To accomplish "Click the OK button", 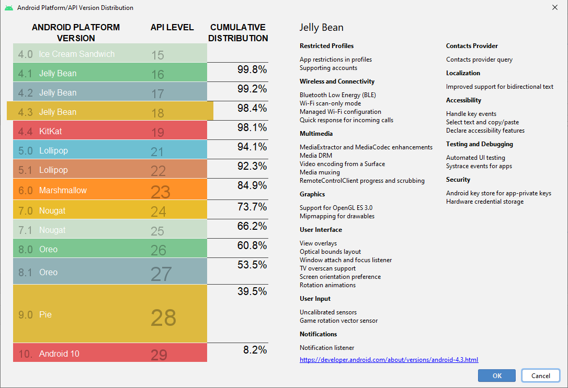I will [496, 375].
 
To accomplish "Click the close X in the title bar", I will [554, 7].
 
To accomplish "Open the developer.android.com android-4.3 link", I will [389, 360].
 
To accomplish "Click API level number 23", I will [161, 192].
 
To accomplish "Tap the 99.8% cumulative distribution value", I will [252, 69].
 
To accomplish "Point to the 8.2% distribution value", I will [255, 350].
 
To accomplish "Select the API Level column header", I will [172, 27].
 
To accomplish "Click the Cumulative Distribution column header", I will [238, 32].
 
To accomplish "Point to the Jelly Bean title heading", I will [322, 28].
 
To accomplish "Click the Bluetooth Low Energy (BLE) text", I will [337, 95].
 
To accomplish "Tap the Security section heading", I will [458, 180].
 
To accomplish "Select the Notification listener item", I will [326, 348].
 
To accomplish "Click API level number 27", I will [161, 274].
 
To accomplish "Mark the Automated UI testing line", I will [475, 158].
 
